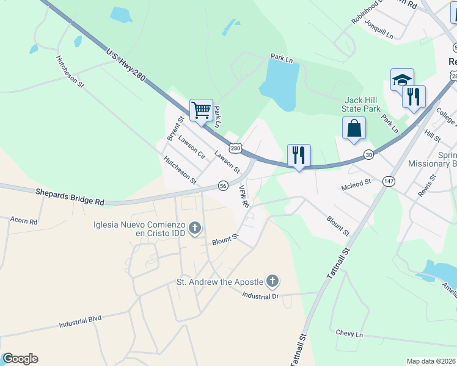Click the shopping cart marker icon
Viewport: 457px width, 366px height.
click(201, 110)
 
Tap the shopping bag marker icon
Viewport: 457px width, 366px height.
click(354, 129)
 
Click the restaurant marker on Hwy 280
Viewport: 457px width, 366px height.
click(299, 156)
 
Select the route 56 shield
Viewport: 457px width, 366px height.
click(223, 185)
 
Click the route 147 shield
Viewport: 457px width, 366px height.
click(389, 181)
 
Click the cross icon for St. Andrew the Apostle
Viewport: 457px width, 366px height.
click(272, 281)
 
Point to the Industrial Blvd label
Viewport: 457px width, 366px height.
click(80, 321)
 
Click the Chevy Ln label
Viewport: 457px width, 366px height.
click(349, 334)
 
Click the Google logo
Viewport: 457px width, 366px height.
click(20, 359)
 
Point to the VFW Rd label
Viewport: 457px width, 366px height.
click(244, 197)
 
